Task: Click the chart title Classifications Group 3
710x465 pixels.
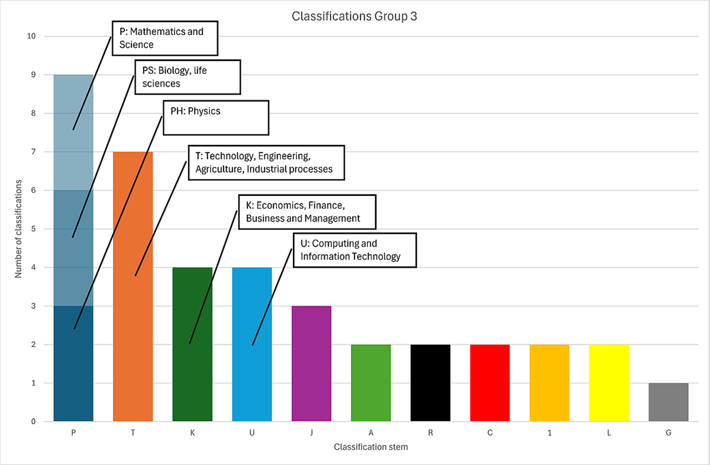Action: (x=354, y=16)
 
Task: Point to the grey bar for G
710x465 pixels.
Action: (x=668, y=402)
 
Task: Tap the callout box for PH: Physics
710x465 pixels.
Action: (x=215, y=117)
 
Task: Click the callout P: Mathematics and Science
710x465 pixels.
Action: (x=164, y=38)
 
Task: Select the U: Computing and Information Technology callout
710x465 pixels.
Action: (x=355, y=250)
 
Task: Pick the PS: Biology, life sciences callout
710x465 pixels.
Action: (x=188, y=77)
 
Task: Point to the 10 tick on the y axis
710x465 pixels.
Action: (x=31, y=36)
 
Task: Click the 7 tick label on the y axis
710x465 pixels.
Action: (x=33, y=152)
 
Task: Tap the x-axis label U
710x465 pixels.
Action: (x=252, y=433)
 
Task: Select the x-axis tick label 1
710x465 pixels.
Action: (x=549, y=433)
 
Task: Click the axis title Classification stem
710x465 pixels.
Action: (x=370, y=447)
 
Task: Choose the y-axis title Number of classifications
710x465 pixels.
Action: (x=18, y=229)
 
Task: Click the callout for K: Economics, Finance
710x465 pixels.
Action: (x=307, y=212)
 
